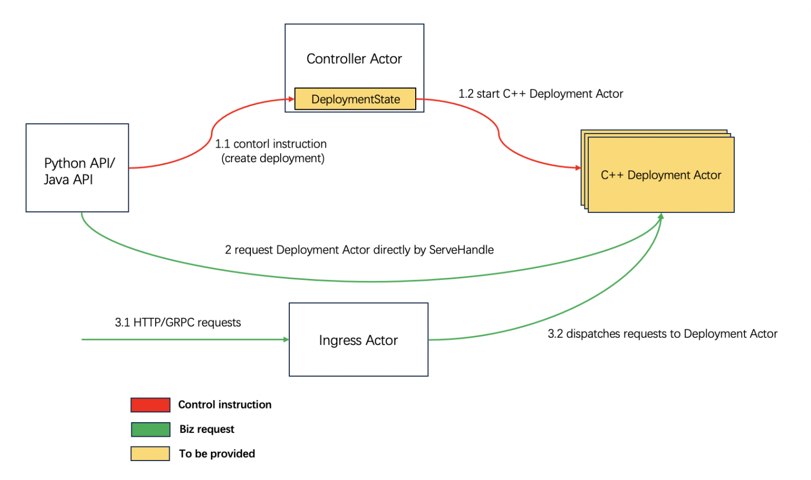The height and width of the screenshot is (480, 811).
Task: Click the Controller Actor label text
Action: click(x=354, y=58)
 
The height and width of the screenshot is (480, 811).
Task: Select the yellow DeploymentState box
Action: click(x=355, y=99)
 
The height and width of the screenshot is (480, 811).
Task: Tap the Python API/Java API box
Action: click(x=77, y=168)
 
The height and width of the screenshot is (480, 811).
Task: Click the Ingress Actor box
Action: click(x=358, y=339)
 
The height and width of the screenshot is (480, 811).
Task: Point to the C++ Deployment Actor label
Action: click(x=661, y=175)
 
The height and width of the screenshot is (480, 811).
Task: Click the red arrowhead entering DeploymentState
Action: click(x=291, y=99)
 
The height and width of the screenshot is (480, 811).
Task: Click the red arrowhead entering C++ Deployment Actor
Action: click(x=578, y=167)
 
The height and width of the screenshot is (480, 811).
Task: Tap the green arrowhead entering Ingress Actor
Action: click(x=286, y=339)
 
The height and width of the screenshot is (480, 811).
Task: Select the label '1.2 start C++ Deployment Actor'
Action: click(x=541, y=94)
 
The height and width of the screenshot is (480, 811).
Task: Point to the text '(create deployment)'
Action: click(x=272, y=158)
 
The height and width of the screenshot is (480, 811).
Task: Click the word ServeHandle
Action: click(x=461, y=250)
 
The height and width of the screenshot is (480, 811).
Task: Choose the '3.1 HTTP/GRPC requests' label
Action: click(x=178, y=322)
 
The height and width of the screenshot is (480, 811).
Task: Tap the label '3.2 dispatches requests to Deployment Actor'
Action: click(x=662, y=334)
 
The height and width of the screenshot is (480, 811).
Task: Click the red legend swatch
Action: click(x=150, y=405)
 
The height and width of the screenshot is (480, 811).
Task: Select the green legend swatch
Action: click(x=150, y=429)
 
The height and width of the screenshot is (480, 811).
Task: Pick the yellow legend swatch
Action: click(x=150, y=454)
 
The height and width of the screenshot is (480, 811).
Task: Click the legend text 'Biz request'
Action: click(x=207, y=429)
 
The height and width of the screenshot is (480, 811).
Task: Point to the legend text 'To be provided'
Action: click(x=217, y=454)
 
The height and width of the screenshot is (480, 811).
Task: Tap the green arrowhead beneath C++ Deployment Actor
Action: click(x=661, y=216)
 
